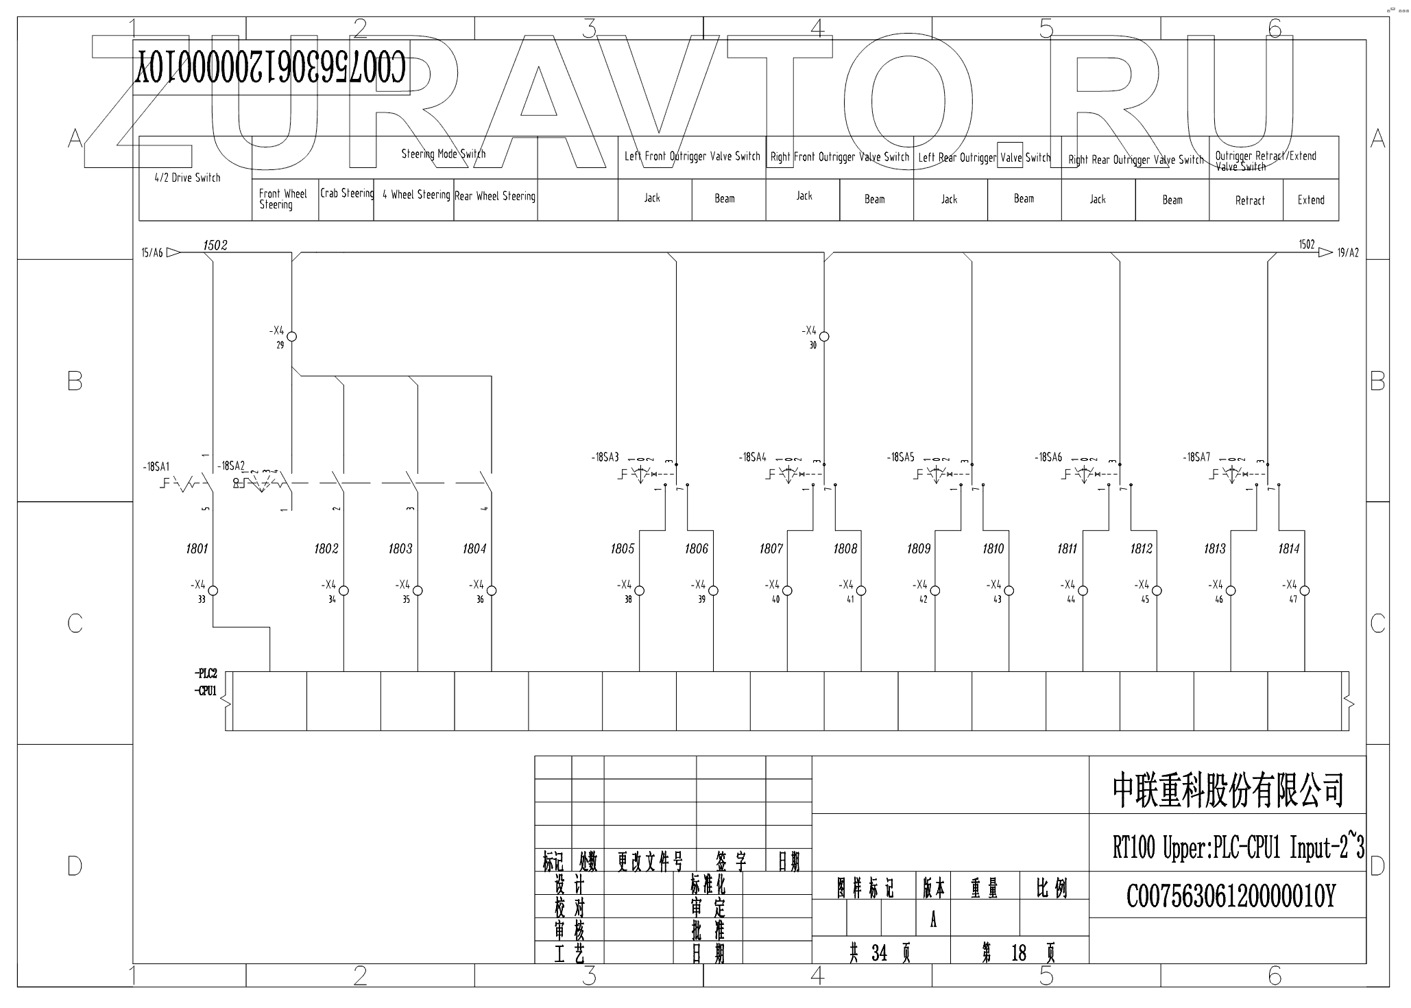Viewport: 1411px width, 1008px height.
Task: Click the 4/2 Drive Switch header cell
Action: click(188, 178)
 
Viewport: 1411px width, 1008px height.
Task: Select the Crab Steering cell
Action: click(346, 194)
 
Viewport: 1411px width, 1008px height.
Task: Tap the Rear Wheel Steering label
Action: click(495, 197)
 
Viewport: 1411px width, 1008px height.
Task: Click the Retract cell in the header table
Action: click(1249, 200)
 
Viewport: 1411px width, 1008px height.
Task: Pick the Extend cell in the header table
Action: click(1310, 200)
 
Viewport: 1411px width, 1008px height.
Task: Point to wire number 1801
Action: click(197, 549)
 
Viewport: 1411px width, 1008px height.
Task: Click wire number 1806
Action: click(696, 549)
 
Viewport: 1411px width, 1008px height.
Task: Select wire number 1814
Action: click(1289, 549)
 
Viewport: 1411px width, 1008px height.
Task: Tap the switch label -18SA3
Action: click(605, 457)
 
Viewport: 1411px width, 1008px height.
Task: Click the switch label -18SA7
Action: click(1197, 457)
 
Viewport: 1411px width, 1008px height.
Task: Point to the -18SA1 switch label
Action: click(156, 467)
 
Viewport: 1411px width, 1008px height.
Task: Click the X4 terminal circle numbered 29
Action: click(292, 337)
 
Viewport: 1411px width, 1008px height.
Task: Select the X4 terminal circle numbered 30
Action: click(825, 337)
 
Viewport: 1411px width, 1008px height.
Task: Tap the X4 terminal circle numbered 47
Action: click(1305, 590)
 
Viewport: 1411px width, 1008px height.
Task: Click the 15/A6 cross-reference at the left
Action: click(152, 253)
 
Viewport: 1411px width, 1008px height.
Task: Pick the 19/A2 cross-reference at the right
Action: click(1347, 253)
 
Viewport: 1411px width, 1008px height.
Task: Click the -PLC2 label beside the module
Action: click(206, 673)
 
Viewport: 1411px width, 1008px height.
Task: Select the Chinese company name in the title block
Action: click(1227, 790)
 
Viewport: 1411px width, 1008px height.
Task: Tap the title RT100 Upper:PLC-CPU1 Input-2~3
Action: click(1238, 849)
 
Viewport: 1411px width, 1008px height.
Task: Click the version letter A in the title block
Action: click(933, 921)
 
